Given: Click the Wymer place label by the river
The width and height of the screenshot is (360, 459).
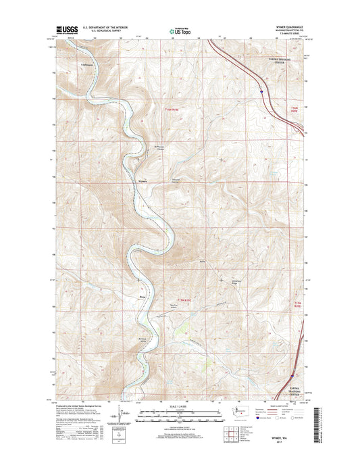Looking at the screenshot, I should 142,180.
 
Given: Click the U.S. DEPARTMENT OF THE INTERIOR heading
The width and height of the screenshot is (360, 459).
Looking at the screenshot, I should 105,27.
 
